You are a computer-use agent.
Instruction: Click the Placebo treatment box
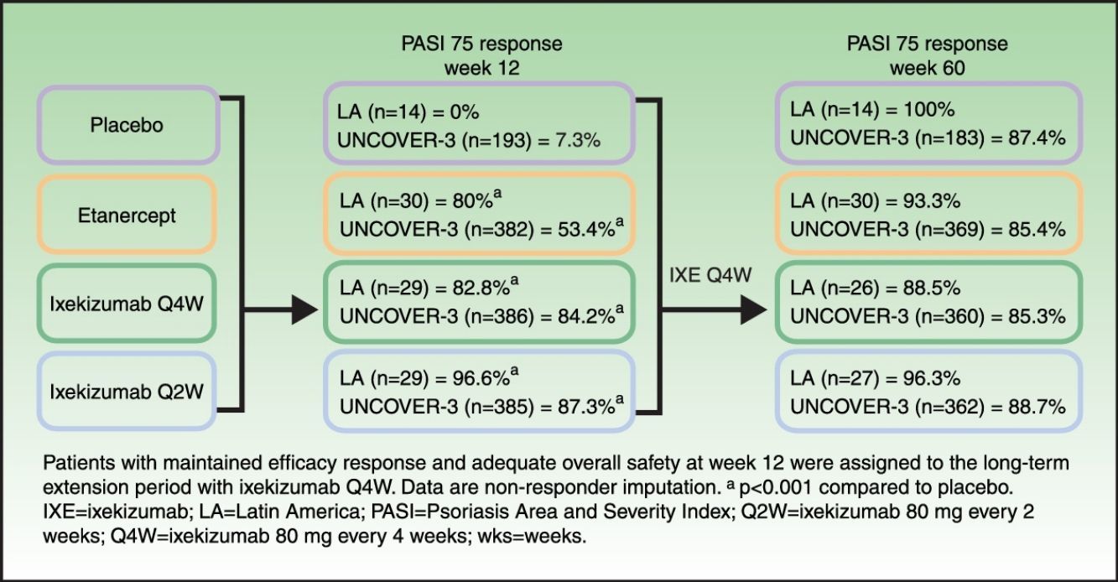pyautogui.click(x=127, y=126)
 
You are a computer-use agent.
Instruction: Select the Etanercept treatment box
pyautogui.click(x=127, y=216)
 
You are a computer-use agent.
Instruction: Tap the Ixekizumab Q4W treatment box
pyautogui.click(x=127, y=302)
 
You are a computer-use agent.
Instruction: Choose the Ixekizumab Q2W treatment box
pyautogui.click(x=127, y=392)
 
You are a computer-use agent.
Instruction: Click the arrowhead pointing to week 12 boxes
pyautogui.click(x=304, y=313)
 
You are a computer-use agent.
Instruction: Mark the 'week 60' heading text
pyautogui.click(x=927, y=68)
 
